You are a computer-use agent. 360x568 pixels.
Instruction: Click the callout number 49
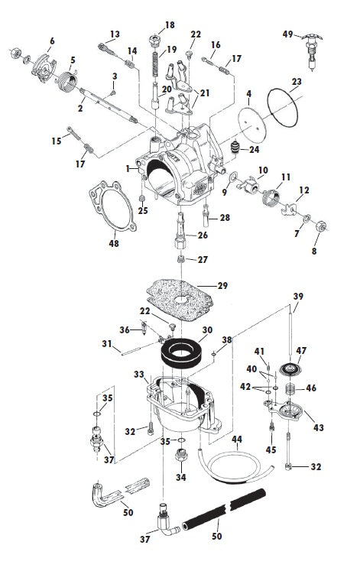click(287, 34)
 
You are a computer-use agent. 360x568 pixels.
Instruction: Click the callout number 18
click(170, 25)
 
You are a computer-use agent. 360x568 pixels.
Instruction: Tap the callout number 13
click(115, 34)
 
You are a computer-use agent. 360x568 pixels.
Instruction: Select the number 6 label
click(52, 41)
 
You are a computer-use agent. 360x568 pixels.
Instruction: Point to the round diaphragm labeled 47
click(291, 370)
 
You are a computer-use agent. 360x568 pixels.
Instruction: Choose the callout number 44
click(237, 440)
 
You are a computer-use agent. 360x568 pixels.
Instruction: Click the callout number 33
click(139, 375)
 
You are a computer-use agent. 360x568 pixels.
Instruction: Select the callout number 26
click(203, 235)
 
